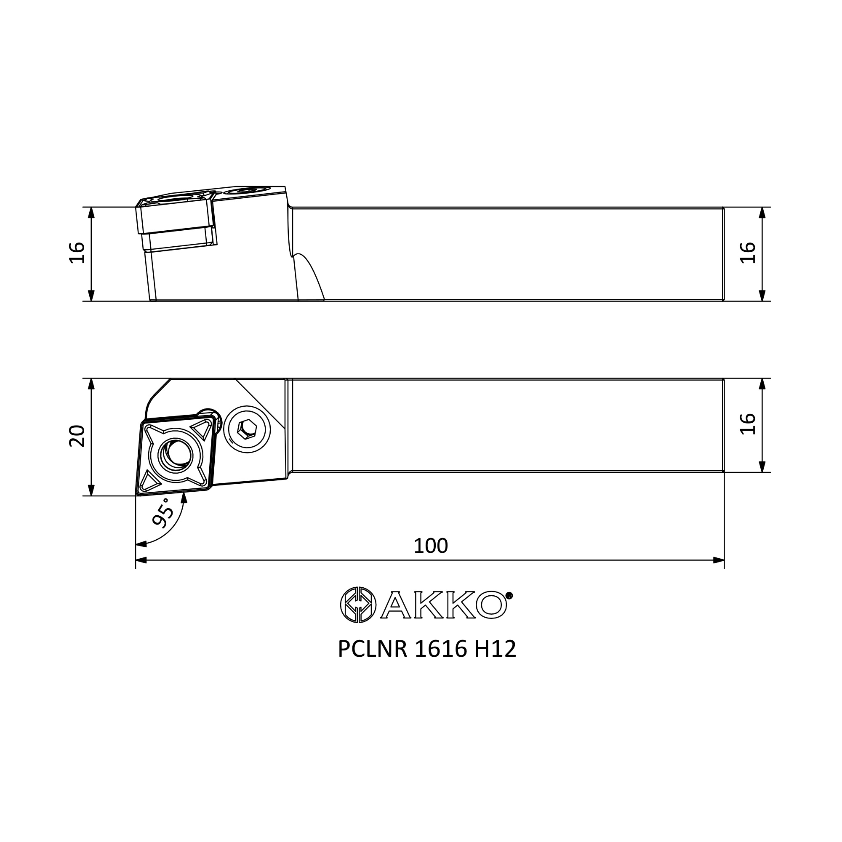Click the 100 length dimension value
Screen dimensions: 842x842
point(431,546)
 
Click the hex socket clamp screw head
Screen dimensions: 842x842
point(247,430)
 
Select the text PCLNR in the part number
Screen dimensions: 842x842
point(372,661)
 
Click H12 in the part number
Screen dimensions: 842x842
point(495,661)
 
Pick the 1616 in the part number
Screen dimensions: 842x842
point(440,661)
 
